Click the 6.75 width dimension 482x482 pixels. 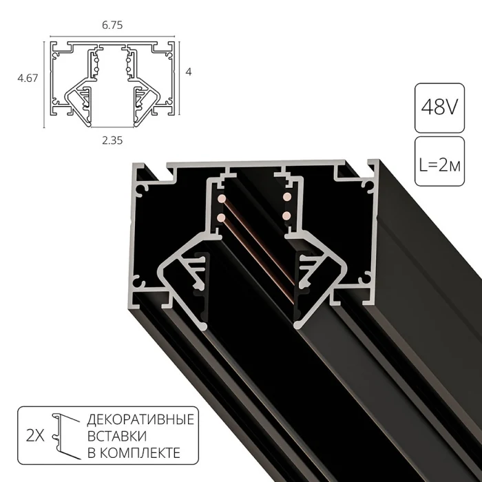point(113,25)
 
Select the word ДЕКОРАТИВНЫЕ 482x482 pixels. point(140,419)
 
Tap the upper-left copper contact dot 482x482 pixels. point(222,198)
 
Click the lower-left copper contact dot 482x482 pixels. point(222,217)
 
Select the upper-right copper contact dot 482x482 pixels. point(286,198)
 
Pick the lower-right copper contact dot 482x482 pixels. point(286,216)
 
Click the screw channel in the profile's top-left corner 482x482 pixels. point(146,186)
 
